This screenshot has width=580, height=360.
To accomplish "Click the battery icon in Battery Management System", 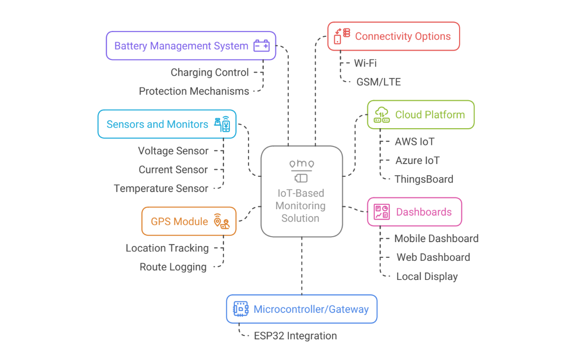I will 261,46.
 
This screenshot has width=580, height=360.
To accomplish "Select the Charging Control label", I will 210,72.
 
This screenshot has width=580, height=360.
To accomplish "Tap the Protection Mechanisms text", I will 194,91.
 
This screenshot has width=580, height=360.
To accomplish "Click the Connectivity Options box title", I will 403,36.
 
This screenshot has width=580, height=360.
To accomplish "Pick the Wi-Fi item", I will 365,63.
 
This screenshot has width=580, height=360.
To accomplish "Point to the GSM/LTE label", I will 378,82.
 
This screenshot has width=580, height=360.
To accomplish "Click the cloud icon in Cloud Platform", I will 382,114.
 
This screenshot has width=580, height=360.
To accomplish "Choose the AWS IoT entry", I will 414,141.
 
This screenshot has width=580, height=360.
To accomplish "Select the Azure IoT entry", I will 417,160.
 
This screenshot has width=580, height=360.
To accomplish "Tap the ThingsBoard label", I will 424,179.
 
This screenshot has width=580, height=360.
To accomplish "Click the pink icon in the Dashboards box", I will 382,212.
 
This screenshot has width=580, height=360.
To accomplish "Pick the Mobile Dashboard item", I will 436,239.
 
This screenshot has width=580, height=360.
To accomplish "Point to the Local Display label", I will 427,277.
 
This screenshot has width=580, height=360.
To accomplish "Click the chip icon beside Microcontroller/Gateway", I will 241,309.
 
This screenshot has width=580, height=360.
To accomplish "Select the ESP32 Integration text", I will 295,336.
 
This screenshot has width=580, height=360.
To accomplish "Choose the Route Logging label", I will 173,267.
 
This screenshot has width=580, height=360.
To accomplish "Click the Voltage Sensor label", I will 173,151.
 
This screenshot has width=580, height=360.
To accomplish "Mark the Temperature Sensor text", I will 161,189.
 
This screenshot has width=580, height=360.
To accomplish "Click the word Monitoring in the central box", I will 301,206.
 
